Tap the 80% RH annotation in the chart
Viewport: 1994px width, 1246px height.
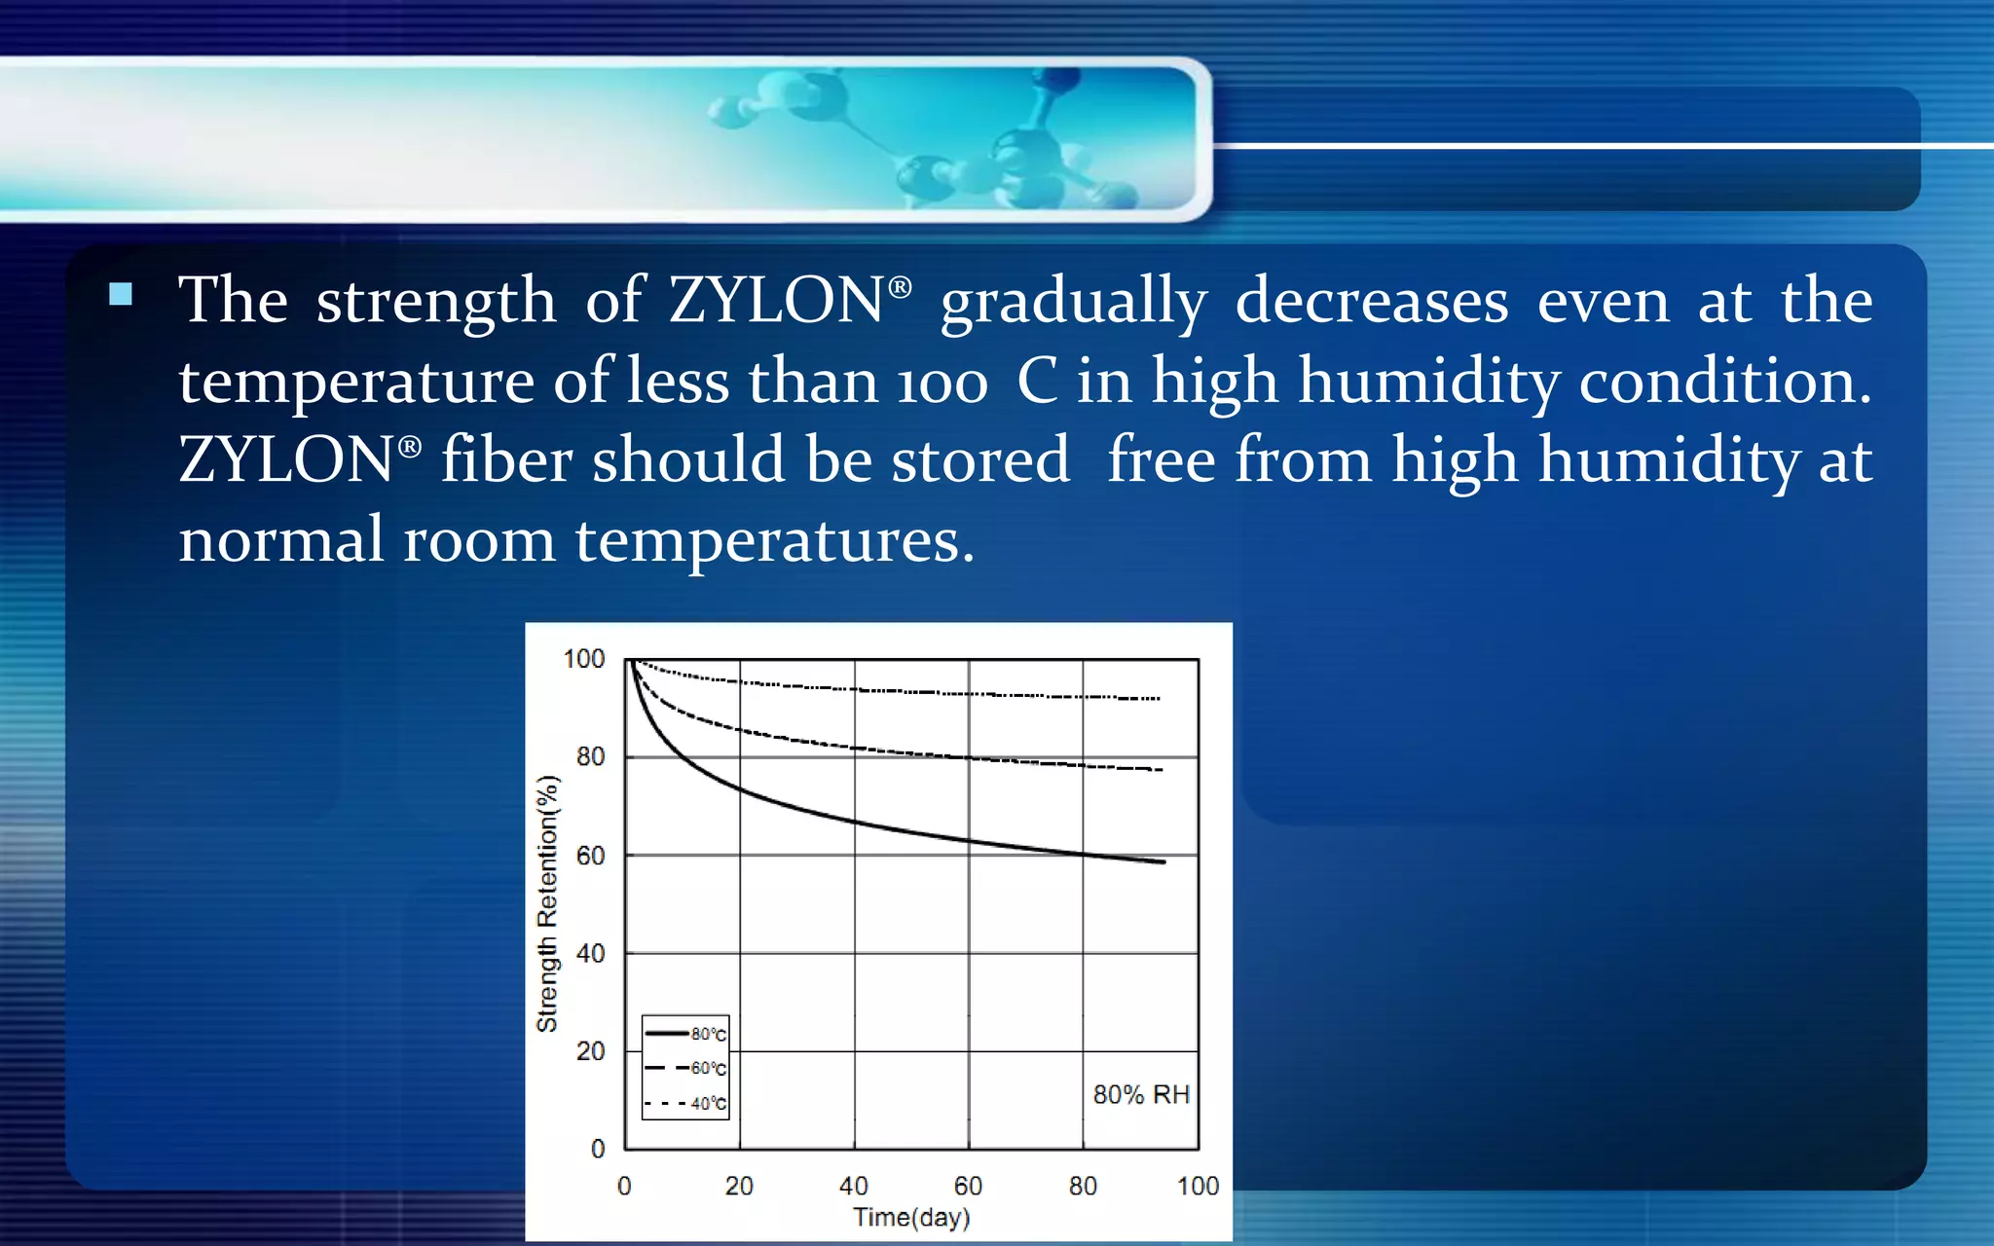coord(1141,1095)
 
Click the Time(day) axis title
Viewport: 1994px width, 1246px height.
coord(911,1217)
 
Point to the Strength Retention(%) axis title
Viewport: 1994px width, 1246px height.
coord(547,903)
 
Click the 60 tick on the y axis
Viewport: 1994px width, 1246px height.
coord(590,856)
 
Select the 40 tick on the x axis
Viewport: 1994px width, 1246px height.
coord(853,1186)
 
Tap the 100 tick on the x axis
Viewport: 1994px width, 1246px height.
coord(1198,1186)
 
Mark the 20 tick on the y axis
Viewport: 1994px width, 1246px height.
coord(590,1051)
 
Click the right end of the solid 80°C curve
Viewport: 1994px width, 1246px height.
coord(1163,861)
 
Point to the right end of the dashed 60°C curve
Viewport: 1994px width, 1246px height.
coord(1161,770)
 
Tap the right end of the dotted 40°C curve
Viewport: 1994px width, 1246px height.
coord(1159,698)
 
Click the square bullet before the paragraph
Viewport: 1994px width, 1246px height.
coord(121,294)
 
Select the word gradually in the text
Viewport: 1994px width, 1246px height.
coord(1073,302)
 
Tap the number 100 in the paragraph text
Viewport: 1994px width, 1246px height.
coord(942,382)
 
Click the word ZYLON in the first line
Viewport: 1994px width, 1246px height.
coord(777,300)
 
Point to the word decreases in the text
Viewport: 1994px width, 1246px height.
coord(1372,300)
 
